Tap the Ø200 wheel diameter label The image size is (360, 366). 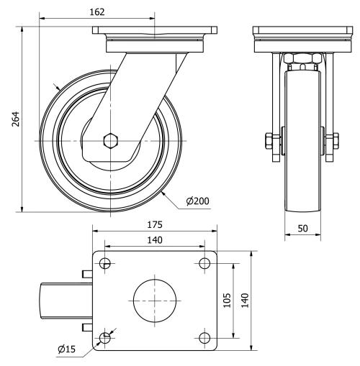[197, 201]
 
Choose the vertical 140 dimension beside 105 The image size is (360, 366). [244, 299]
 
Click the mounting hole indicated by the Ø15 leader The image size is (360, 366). [106, 337]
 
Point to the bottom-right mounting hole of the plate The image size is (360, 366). [204, 337]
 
